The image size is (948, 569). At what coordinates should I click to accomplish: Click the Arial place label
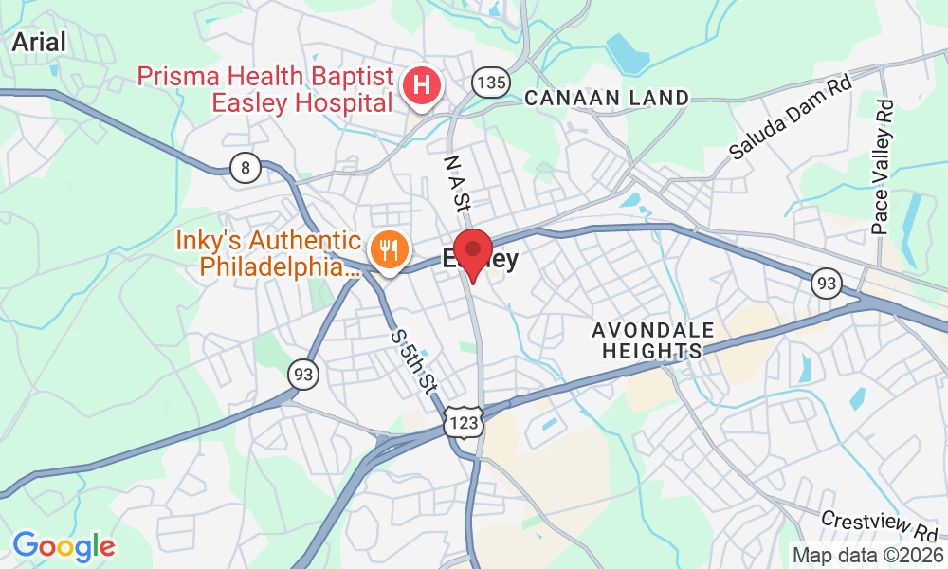[x=39, y=42]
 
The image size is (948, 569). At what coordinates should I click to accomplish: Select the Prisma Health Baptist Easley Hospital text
[x=265, y=88]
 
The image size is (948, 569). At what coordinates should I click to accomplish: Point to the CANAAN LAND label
[x=607, y=98]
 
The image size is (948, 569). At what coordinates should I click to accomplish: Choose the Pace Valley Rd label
[x=883, y=167]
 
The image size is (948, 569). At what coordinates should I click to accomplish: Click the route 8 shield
[x=246, y=169]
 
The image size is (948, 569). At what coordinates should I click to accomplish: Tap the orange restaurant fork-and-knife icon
[x=388, y=249]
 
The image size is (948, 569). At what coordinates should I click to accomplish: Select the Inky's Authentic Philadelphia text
[x=268, y=253]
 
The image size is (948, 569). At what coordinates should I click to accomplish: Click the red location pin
[x=472, y=252]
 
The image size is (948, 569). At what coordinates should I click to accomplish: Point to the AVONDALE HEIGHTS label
[x=653, y=340]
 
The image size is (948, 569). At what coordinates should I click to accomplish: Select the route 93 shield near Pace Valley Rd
[x=827, y=282]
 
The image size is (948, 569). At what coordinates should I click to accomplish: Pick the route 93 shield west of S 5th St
[x=303, y=376]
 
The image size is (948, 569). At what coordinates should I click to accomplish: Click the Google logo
[x=64, y=546]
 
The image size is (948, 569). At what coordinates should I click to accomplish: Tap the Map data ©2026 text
[x=868, y=555]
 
